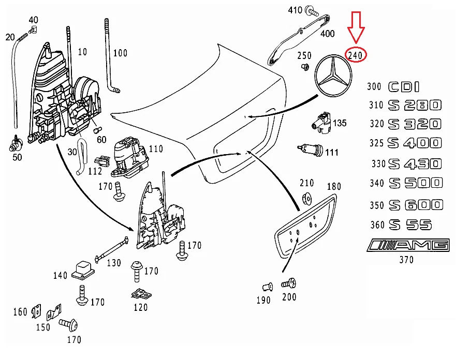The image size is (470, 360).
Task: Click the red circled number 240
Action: (x=357, y=55)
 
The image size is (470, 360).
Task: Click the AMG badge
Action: (x=408, y=245)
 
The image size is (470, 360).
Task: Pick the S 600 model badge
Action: (x=416, y=204)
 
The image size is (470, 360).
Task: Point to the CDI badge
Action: (x=404, y=87)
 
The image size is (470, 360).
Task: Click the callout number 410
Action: (x=295, y=10)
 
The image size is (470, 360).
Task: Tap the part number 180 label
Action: (x=334, y=186)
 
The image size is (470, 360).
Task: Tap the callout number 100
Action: (x=120, y=53)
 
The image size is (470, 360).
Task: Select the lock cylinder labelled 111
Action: (x=312, y=150)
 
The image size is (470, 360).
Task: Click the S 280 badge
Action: (x=415, y=106)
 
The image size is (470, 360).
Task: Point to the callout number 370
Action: (x=406, y=260)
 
